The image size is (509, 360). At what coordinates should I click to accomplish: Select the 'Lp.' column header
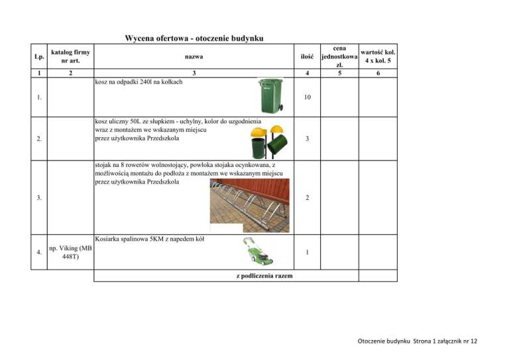[40, 57]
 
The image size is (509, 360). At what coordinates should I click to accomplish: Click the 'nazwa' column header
[194, 57]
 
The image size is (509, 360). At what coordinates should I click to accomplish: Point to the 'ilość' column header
[306, 57]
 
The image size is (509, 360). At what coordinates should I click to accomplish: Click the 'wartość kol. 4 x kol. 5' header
[378, 57]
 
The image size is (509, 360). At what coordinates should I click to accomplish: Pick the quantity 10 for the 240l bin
[306, 97]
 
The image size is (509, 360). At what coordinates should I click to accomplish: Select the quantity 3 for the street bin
[306, 139]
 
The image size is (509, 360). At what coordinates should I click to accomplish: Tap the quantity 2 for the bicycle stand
[306, 198]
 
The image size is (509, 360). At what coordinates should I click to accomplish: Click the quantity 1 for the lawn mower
[306, 252]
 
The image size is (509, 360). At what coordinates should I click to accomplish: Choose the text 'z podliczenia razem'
[265, 276]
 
